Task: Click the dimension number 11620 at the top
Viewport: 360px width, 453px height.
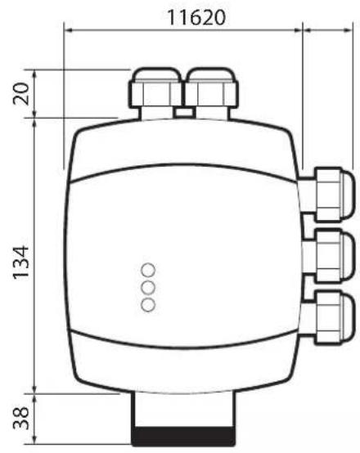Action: coord(196,18)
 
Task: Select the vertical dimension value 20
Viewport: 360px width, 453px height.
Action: coord(21,93)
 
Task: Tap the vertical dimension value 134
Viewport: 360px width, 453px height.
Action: coord(21,262)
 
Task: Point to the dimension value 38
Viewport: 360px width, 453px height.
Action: coord(21,418)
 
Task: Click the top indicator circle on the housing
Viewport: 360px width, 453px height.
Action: coord(148,270)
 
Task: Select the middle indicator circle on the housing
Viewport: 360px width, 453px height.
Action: coord(148,287)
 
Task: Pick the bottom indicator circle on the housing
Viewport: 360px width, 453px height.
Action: coord(148,305)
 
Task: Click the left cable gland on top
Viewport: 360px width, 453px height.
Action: coord(155,93)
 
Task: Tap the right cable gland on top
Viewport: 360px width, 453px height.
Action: coord(211,93)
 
